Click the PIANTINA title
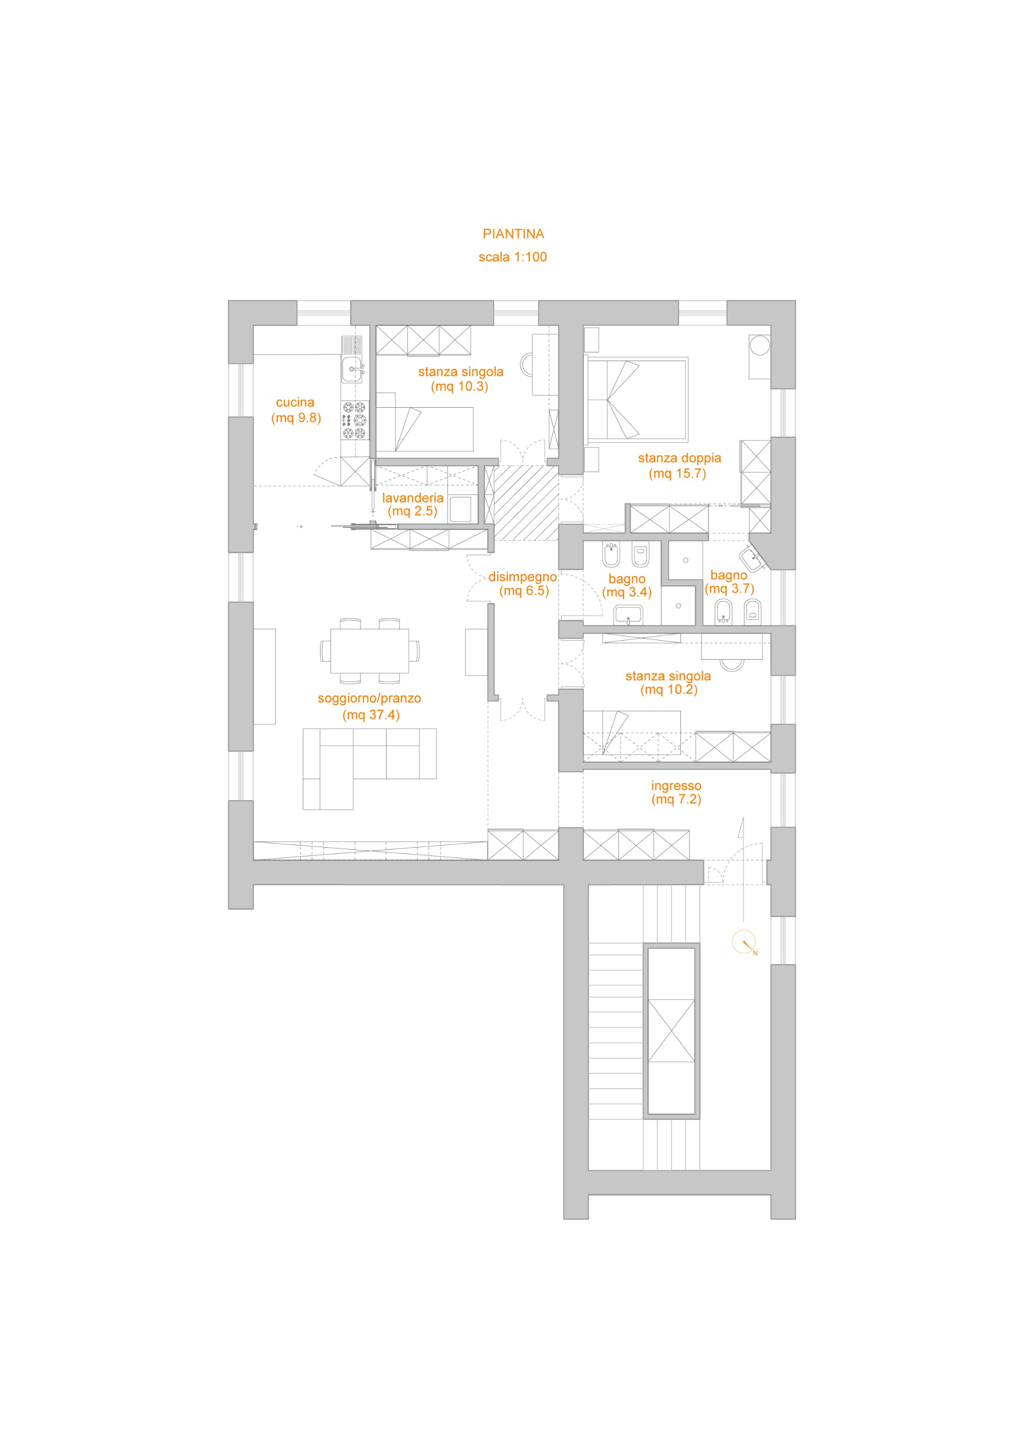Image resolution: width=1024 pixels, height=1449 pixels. click(x=513, y=234)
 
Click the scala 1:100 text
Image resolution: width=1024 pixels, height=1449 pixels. click(x=513, y=257)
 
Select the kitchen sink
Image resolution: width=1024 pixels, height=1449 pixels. click(x=352, y=369)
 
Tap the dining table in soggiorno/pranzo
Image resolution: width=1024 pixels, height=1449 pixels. click(x=370, y=650)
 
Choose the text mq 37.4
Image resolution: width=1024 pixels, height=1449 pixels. click(x=371, y=715)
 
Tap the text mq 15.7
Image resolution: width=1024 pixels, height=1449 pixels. click(x=677, y=473)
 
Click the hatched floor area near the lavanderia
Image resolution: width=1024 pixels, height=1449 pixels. click(x=526, y=503)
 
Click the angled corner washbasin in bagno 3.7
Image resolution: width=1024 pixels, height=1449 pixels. click(x=755, y=558)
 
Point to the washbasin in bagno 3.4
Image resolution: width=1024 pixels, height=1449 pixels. click(x=628, y=615)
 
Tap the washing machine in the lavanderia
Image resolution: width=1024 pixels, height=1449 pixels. click(x=460, y=509)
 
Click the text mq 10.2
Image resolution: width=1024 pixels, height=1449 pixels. click(x=669, y=689)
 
